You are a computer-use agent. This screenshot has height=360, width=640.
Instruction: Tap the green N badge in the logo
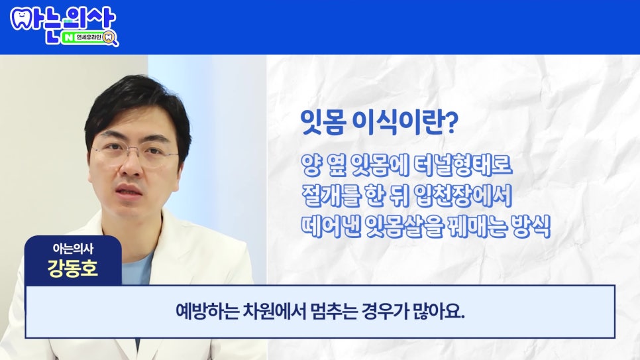69,38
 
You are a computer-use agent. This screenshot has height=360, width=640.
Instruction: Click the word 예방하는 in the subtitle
200,312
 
